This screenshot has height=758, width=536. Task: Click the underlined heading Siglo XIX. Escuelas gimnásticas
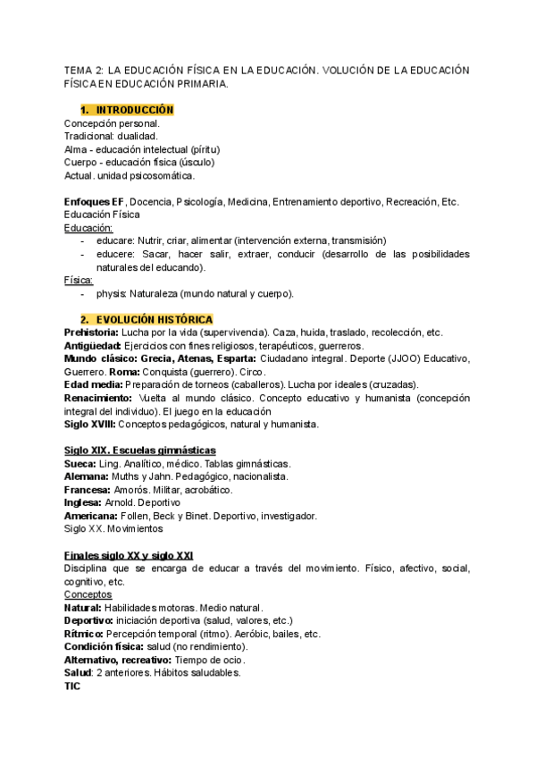tap(139, 450)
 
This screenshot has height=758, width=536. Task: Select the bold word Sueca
tap(80, 464)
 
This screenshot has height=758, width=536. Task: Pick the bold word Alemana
tap(86, 476)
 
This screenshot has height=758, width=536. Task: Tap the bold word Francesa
tap(88, 490)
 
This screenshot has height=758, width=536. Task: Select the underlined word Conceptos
tap(88, 594)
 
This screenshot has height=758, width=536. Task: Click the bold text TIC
tap(72, 686)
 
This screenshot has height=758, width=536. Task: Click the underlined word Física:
tap(79, 281)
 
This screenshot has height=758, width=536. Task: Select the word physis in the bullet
tap(111, 293)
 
